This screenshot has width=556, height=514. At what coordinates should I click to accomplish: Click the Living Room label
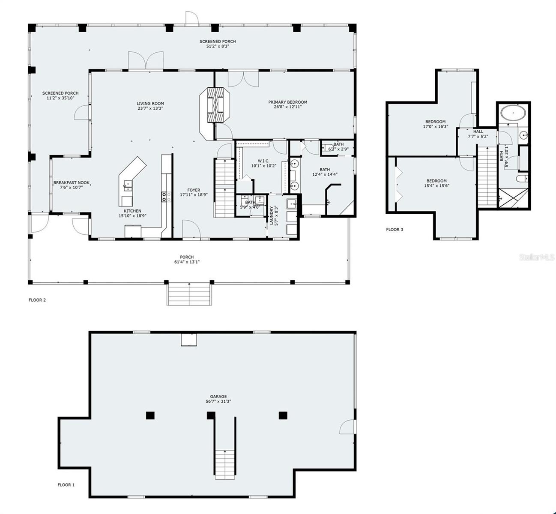[x=150, y=103]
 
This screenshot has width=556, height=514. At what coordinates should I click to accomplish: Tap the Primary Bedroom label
[x=287, y=102]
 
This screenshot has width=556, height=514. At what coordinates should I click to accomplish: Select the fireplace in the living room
[x=215, y=105]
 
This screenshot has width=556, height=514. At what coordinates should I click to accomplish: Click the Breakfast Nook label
[x=71, y=182]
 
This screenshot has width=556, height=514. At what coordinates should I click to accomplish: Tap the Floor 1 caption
[x=66, y=485]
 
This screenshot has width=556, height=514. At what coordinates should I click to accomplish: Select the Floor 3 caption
[x=395, y=230]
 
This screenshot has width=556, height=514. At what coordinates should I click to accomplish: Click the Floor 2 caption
[x=37, y=300]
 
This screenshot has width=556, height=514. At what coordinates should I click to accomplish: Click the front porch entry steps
[x=189, y=294]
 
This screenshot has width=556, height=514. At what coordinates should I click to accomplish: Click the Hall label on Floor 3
[x=478, y=131]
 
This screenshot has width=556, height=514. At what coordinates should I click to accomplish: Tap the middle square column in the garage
[x=211, y=415]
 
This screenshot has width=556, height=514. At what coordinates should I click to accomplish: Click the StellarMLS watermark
[x=537, y=257]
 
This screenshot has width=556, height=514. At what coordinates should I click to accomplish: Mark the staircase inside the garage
[x=225, y=465]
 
